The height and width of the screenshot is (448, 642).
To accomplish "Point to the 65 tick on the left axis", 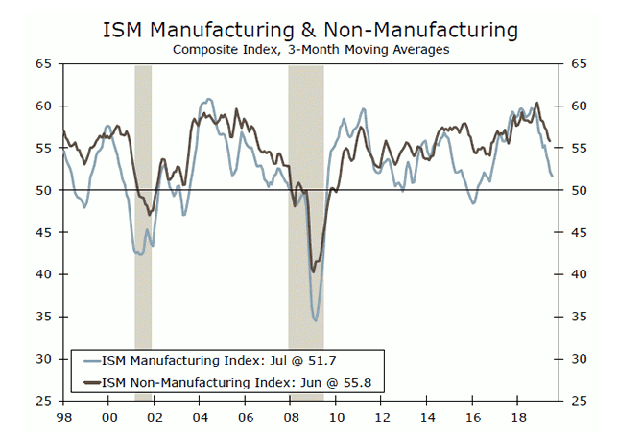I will [44, 63].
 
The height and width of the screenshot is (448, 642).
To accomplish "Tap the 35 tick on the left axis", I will [44, 317].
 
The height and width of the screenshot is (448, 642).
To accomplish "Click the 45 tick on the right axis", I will [578, 232].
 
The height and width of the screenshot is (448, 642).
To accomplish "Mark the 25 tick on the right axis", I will [578, 401].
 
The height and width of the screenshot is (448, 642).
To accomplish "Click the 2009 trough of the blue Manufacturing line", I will [315, 320].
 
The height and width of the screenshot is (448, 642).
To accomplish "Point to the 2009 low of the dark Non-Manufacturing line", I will [314, 271].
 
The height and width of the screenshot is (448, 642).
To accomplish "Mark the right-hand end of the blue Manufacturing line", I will [552, 176].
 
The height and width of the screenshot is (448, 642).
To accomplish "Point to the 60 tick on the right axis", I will [578, 106].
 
